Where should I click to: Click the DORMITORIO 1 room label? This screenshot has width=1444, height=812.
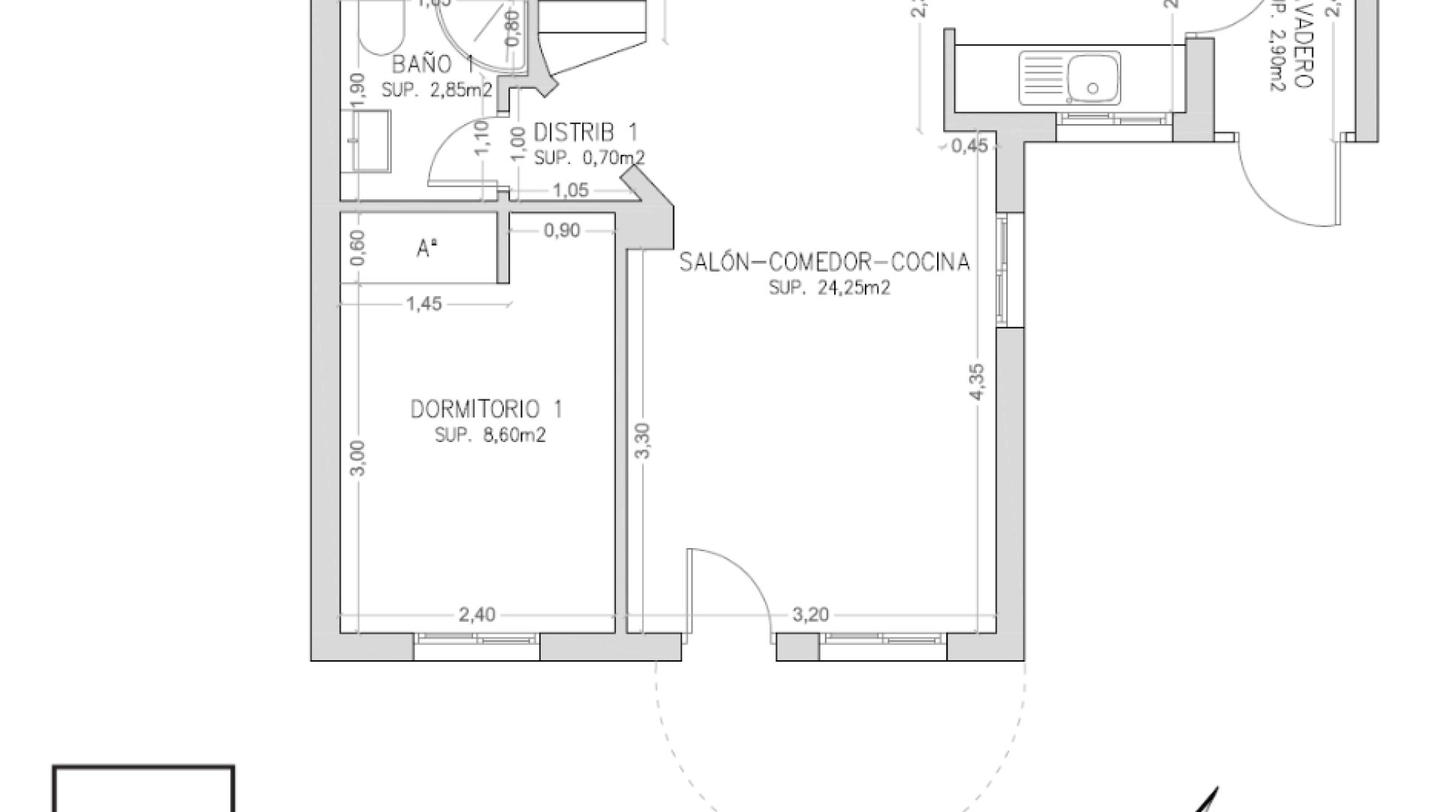[x=486, y=410]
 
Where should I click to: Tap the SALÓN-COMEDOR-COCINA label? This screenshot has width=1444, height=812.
[x=824, y=262]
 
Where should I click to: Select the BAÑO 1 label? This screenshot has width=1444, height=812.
[x=432, y=63]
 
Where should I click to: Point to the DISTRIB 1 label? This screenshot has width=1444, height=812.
[x=585, y=133]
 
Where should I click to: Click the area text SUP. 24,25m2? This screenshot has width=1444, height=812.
[x=830, y=289]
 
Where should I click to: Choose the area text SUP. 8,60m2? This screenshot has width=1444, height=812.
[x=490, y=435]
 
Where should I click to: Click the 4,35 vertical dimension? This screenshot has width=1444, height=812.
[x=978, y=383]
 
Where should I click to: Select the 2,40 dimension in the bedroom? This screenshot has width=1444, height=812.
[x=477, y=615]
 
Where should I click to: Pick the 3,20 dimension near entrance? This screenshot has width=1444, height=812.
[x=810, y=615]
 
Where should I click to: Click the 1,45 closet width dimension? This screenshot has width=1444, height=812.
[x=423, y=304]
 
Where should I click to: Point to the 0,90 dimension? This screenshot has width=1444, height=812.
[x=562, y=231]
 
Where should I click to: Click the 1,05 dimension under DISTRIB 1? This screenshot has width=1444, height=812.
[x=570, y=191]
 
